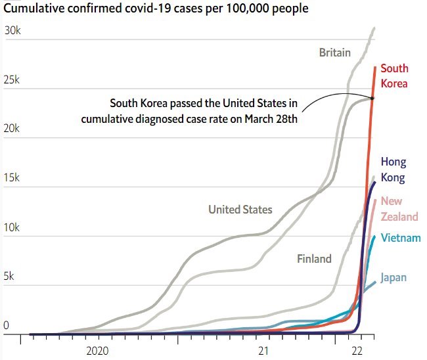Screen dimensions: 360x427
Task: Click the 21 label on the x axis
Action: pyautogui.click(x=263, y=351)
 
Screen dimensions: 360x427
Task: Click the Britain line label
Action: pyautogui.click(x=335, y=53)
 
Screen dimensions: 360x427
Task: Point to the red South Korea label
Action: pyautogui.click(x=394, y=76)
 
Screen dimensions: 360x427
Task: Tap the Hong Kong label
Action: pyautogui.click(x=393, y=169)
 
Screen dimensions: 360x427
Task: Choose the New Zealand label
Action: pyautogui.click(x=399, y=209)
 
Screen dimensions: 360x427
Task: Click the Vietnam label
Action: pyautogui.click(x=400, y=238)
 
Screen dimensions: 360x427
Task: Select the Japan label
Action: pyautogui.click(x=393, y=277)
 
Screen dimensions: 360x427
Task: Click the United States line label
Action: pyautogui.click(x=240, y=210)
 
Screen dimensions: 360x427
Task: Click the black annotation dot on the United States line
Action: pyautogui.click(x=372, y=99)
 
